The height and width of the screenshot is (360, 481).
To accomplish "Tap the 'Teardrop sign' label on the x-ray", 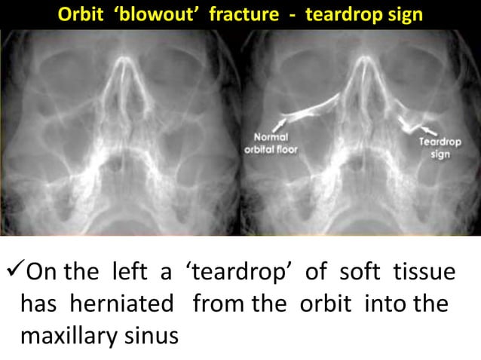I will pos(435,148).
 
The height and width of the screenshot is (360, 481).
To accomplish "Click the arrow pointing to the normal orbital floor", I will pos(280,121).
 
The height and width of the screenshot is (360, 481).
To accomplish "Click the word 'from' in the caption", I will pos(216,304).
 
